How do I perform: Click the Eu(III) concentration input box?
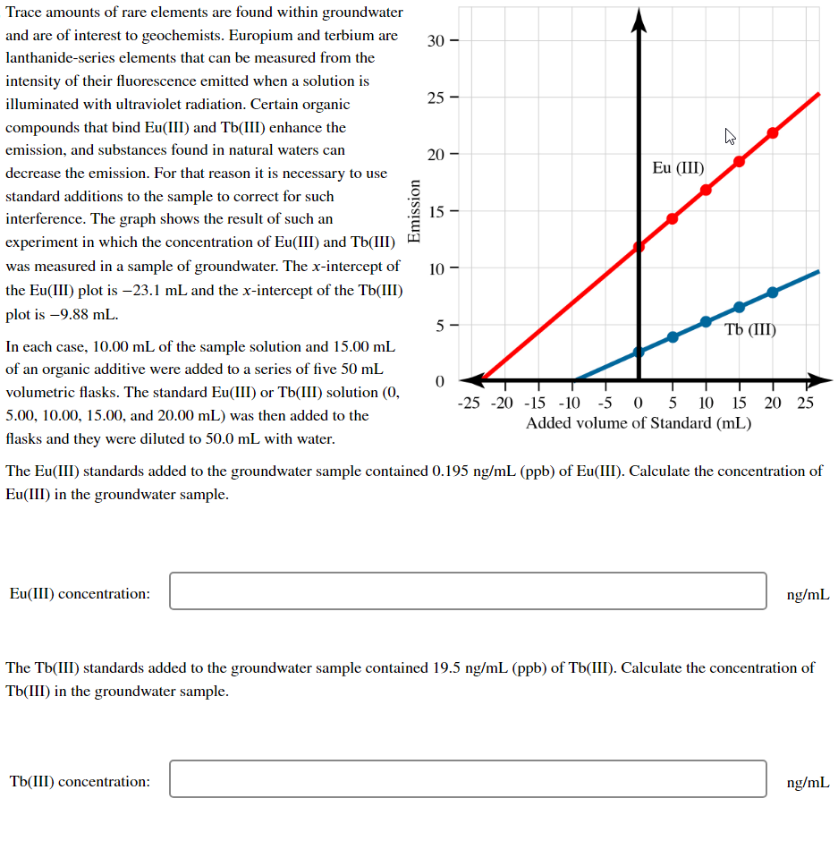468,591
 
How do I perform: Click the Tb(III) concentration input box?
468,779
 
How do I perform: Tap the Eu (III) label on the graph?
678,168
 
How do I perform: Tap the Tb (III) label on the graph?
750,329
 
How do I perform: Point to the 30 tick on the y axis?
435,40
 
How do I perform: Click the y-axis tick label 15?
435,212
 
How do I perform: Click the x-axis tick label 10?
706,404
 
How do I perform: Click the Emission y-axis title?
413,210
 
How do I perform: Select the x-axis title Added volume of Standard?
638,423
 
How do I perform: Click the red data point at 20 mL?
773,133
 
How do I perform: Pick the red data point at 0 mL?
639,247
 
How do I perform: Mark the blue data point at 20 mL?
773,292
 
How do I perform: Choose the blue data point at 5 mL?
673,337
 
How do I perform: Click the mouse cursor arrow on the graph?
730,137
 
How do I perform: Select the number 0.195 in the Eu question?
448,471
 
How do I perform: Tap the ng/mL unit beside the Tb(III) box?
808,782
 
